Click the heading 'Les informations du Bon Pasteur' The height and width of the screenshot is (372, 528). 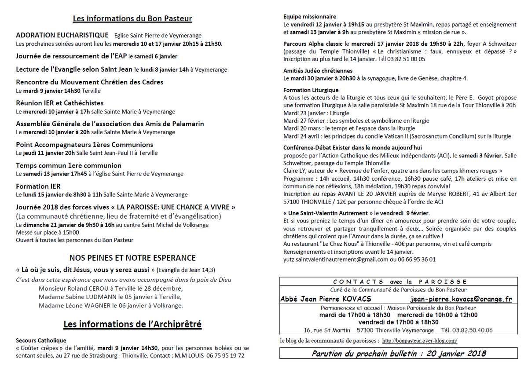point(132,18)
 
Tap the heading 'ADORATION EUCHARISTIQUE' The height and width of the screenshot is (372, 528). point(62,35)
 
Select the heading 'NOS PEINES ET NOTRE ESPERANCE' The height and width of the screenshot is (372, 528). point(132,258)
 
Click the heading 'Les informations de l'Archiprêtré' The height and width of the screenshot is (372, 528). point(132,325)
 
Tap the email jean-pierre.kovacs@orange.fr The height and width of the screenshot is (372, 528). point(461,299)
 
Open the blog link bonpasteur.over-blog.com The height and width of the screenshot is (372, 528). point(419,341)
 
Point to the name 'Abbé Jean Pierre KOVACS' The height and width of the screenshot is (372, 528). point(326,299)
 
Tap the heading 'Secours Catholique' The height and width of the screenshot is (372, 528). point(41,340)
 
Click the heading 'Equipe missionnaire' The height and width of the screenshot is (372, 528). point(310,17)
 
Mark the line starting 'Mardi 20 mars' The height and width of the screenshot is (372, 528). point(349,128)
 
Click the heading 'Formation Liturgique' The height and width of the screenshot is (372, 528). point(311,90)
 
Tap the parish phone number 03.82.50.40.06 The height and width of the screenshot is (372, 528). point(474,330)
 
